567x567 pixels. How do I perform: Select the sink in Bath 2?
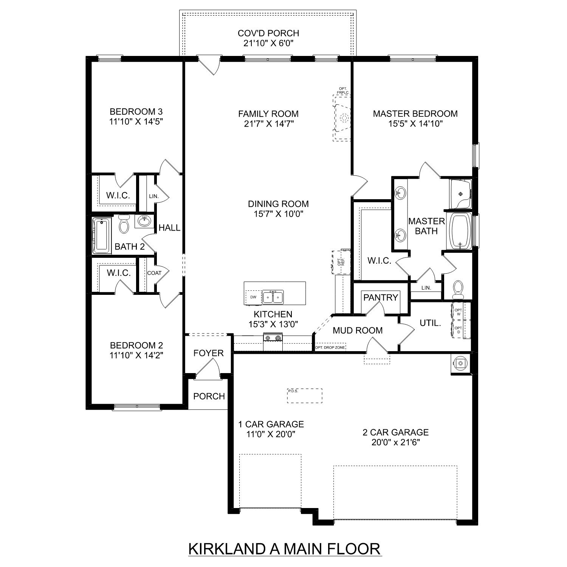[x=144, y=220]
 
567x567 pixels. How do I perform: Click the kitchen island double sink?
[x=273, y=297]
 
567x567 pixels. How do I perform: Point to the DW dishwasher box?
[x=253, y=297]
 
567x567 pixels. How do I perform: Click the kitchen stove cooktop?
[x=273, y=338]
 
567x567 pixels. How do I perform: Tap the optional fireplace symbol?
[x=342, y=118]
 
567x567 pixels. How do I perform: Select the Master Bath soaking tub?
[x=460, y=231]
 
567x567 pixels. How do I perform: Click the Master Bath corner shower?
[x=460, y=194]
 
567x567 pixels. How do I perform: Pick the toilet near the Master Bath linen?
[x=458, y=288]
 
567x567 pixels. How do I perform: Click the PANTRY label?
[x=381, y=297]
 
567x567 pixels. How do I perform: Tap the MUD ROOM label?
[x=358, y=330]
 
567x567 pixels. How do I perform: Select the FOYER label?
[x=209, y=353]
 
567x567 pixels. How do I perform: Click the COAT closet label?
[x=154, y=273]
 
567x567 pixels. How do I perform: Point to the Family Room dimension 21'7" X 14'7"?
[x=269, y=124]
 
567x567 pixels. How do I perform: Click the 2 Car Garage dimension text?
[x=395, y=442]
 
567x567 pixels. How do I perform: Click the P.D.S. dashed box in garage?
[x=305, y=396]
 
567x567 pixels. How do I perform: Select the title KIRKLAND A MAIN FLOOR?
[x=285, y=548]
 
